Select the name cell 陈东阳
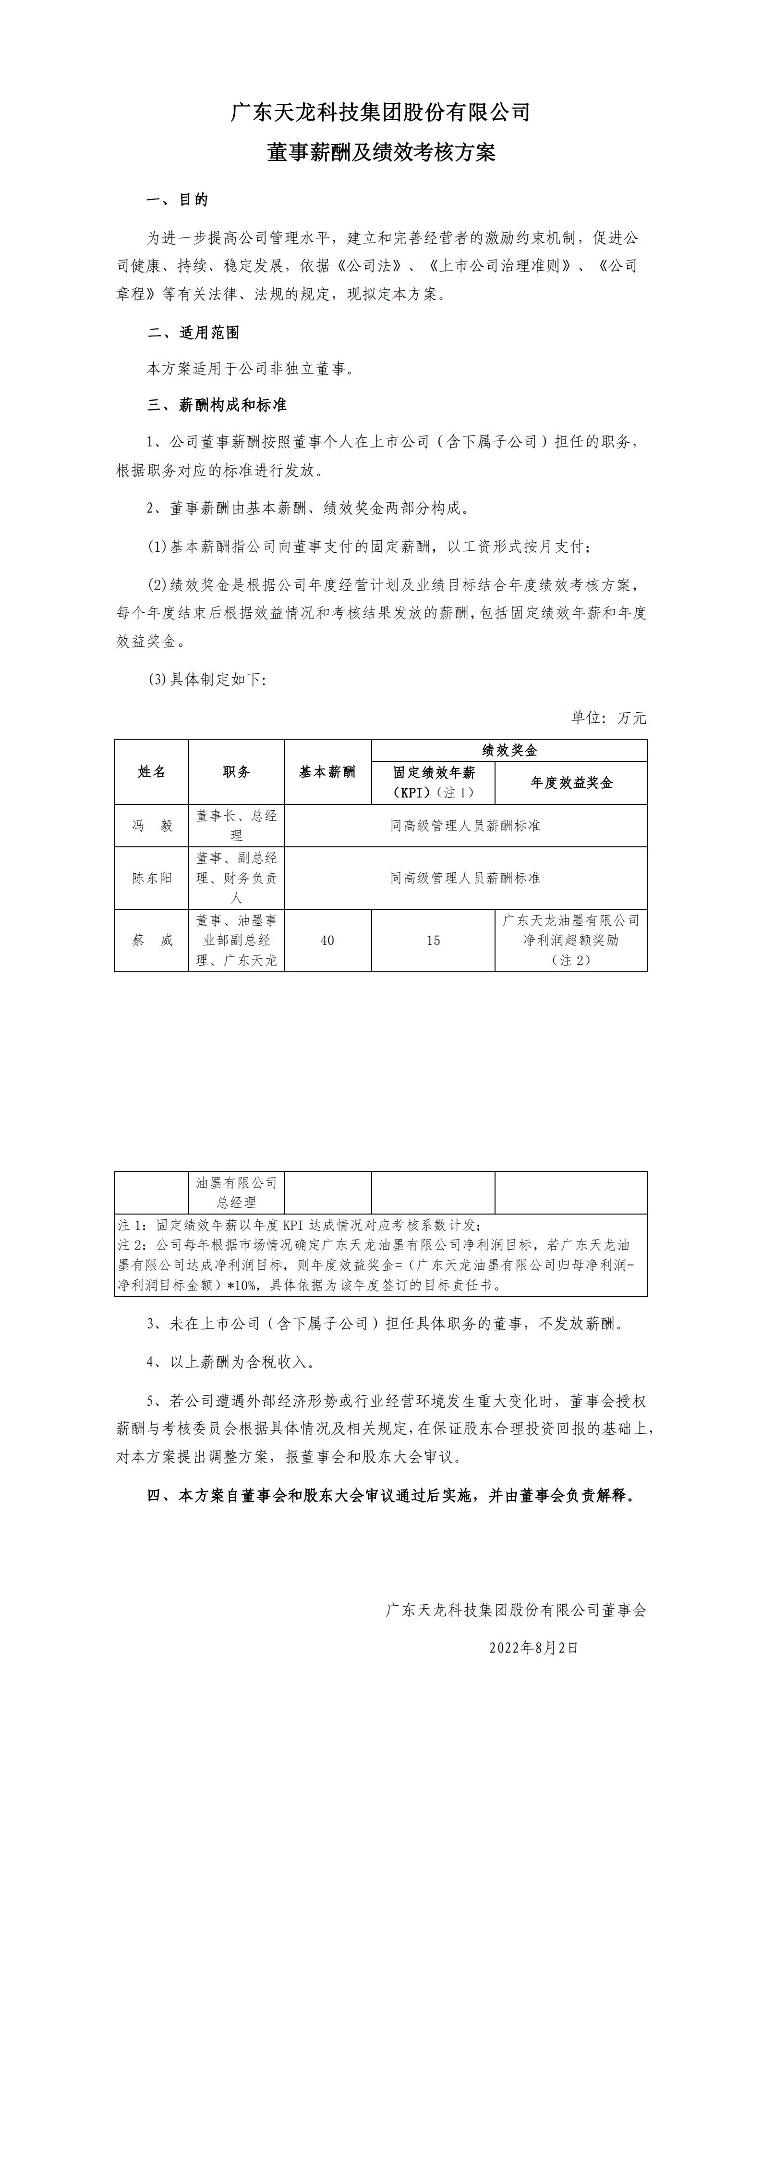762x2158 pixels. click(x=152, y=878)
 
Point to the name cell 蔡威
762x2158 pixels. click(x=152, y=941)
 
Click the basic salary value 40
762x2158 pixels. click(x=327, y=941)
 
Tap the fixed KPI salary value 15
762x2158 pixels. click(x=433, y=941)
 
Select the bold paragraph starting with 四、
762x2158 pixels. click(x=391, y=1496)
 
